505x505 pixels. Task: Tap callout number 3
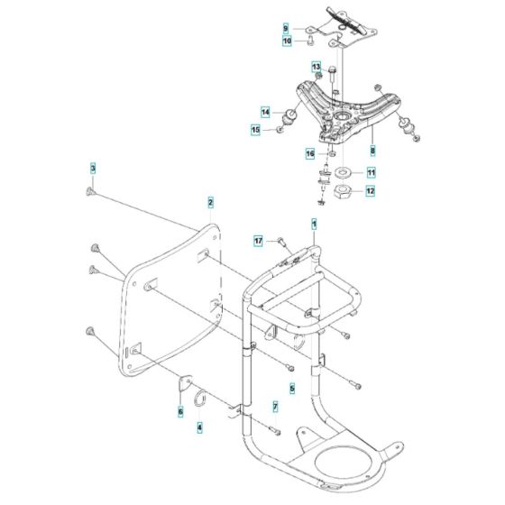[92, 168]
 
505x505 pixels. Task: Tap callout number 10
[286, 41]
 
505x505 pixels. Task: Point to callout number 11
[371, 171]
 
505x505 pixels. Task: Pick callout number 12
[371, 191]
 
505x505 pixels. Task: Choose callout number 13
[317, 67]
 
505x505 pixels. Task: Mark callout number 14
[266, 112]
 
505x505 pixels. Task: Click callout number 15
[255, 130]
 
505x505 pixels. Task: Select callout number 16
[308, 154]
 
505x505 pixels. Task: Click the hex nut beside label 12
[344, 192]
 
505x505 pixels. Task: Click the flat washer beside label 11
[344, 171]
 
